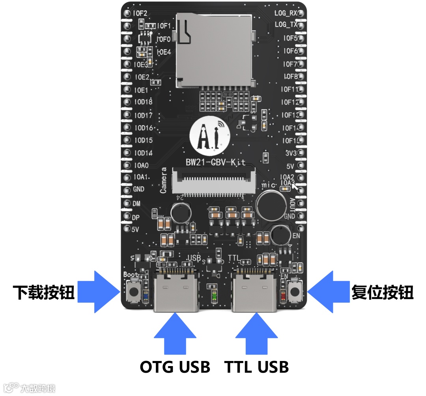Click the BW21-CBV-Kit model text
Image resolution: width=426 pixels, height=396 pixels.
[215, 162]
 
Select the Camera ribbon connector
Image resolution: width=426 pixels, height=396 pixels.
[215, 182]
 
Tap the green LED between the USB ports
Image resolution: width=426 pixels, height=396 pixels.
[214, 295]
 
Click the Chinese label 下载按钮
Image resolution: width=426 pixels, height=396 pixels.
[43, 292]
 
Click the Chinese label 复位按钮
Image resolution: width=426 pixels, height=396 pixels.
[382, 292]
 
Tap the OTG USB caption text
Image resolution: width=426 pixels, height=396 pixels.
[175, 367]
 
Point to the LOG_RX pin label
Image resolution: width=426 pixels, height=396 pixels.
[286, 13]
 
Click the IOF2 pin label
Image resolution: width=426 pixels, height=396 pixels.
[140, 13]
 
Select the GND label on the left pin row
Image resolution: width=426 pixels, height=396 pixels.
[138, 189]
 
